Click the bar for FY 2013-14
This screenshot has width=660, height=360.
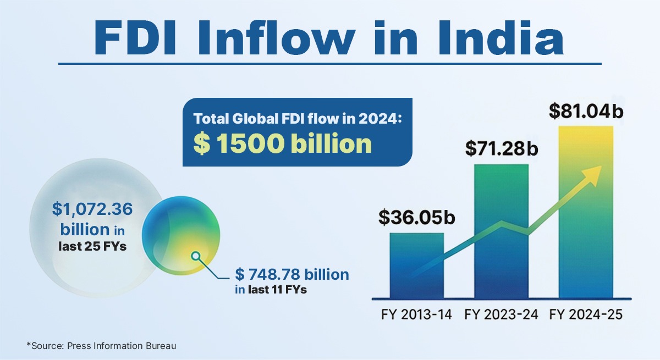pos(416,265)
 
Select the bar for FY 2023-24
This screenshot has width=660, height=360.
pos(501,231)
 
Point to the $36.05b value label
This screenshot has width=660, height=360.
pos(417,218)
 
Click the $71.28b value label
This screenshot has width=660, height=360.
pos(502,148)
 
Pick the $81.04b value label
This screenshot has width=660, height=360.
pos(586,110)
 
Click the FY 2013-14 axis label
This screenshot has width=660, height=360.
pos(416,315)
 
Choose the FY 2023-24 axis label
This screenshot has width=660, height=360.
pos(501,315)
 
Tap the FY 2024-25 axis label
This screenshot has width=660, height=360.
pos(585,315)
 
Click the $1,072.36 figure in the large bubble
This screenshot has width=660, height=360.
pos(92,209)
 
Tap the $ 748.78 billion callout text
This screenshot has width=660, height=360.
pos(292,274)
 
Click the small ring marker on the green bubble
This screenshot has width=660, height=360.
pos(195,256)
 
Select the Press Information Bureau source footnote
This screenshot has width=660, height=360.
pos(102,345)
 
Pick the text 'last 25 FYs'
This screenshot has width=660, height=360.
pos(92,246)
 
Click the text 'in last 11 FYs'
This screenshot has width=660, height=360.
pos(271,289)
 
